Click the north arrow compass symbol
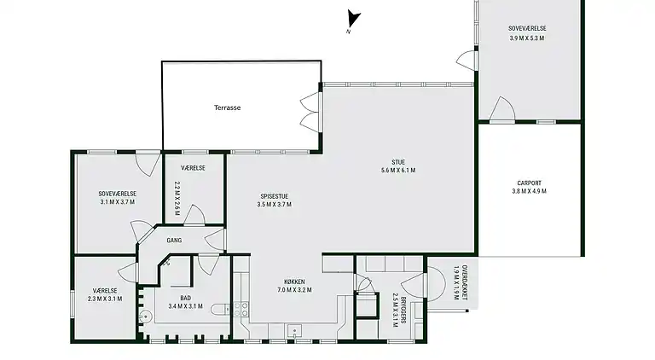click(352, 19)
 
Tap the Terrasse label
click(227, 107)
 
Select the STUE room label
click(398, 162)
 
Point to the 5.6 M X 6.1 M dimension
click(398, 171)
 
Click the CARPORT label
click(530, 183)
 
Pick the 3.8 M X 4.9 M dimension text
click(530, 191)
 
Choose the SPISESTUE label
click(275, 196)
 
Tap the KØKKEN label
click(294, 282)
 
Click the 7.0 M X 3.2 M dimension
click(294, 290)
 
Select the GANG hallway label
click(174, 241)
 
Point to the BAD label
click(185, 298)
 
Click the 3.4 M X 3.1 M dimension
click(185, 306)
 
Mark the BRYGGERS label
click(403, 311)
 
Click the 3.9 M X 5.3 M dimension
click(527, 38)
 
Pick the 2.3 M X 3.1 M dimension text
click(105, 299)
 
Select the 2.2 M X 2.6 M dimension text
click(177, 199)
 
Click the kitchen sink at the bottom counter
click(295, 331)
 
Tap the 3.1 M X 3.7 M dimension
click(118, 202)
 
